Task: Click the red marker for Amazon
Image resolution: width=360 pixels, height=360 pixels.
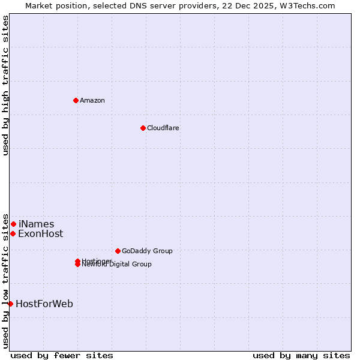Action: tap(76, 100)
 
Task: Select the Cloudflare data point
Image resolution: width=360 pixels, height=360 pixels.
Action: tap(143, 128)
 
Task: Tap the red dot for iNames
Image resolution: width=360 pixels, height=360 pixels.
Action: tap(13, 224)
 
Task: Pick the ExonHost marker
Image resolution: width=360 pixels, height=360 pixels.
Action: tap(13, 233)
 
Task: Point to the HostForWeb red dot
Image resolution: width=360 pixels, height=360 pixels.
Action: tap(10, 304)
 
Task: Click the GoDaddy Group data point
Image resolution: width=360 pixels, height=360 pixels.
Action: tap(118, 251)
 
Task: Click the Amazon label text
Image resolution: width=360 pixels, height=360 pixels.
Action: tap(92, 100)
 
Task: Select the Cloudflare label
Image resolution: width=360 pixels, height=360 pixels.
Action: tap(163, 128)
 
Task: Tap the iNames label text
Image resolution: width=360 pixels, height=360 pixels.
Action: tap(36, 224)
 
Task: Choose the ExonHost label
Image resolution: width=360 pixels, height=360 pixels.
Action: tap(40, 234)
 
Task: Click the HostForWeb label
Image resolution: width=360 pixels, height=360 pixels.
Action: tap(44, 304)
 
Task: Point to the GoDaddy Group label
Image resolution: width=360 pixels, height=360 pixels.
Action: tap(147, 251)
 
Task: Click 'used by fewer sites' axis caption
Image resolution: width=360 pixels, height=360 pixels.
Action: tap(62, 355)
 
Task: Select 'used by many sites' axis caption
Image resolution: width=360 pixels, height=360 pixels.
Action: tap(301, 355)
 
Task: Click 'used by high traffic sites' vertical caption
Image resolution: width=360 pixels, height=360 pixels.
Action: tap(6, 85)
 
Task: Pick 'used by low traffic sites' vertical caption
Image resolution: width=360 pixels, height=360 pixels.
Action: tap(6, 281)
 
